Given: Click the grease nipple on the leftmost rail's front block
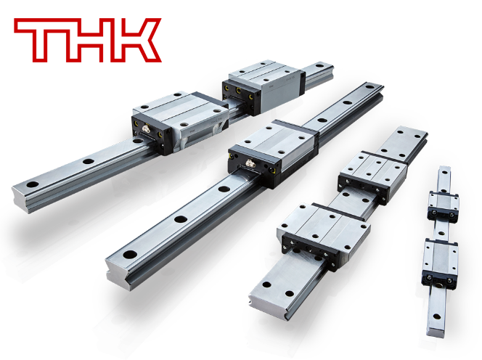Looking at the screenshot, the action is click(146, 129).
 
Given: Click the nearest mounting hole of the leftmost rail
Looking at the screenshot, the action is click(32, 185).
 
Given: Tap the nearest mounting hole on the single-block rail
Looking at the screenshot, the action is click(130, 254).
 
